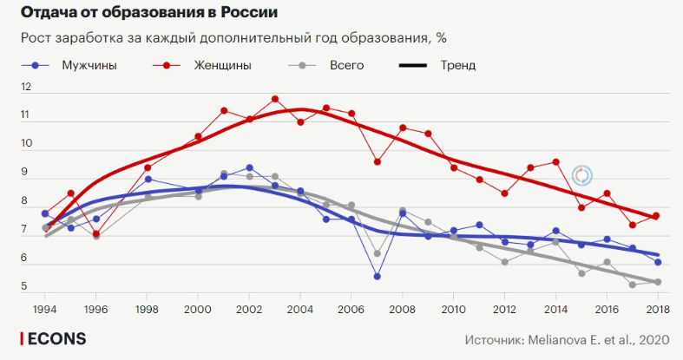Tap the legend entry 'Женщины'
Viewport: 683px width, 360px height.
point(220,65)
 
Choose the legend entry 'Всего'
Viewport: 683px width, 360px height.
point(346,65)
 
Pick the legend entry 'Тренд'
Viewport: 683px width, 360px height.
point(457,65)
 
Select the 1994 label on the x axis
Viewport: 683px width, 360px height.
point(45,308)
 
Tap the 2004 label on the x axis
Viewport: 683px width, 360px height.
point(300,308)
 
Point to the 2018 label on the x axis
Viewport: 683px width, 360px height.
point(657,308)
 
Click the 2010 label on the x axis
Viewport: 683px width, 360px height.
point(453,308)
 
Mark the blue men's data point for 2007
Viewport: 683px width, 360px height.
point(377,277)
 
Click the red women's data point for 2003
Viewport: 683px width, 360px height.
point(275,99)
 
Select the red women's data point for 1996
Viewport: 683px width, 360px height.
point(96,234)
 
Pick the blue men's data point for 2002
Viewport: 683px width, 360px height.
point(250,167)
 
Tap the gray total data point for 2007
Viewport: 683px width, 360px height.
point(377,254)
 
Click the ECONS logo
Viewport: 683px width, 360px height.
point(54,338)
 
